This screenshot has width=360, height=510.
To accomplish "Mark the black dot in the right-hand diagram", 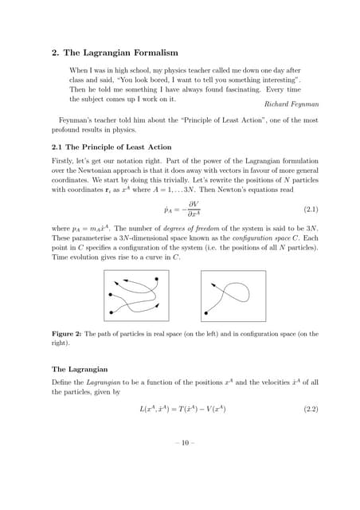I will pyautogui.click(x=208, y=312).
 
